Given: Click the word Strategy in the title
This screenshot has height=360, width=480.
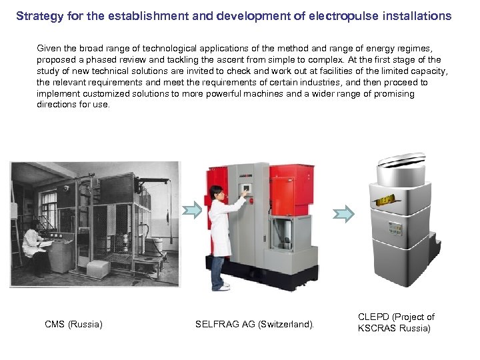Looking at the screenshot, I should coord(37,15).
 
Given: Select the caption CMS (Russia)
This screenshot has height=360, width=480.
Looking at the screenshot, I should coord(73,325).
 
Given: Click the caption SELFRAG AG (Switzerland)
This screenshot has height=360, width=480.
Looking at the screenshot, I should coord(254,325).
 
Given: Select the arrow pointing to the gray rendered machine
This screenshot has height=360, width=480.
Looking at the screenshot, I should coord(343,213).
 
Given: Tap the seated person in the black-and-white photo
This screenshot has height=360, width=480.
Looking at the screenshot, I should coord(33,246).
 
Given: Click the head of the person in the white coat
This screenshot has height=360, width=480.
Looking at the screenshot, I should coord(216,193).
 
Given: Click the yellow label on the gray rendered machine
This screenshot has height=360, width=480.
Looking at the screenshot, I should coord(387,201).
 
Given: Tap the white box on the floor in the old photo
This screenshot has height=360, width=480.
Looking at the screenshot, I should coord(98,269).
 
